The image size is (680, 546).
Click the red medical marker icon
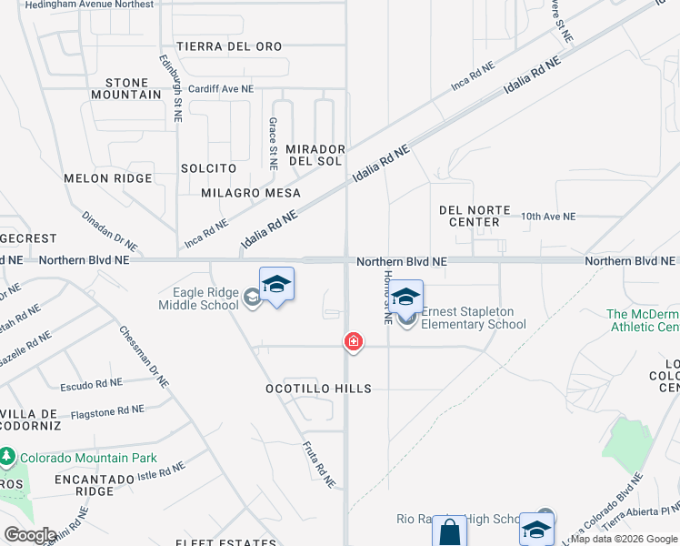coord(353,342)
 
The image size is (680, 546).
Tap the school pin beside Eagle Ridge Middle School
coord(276,285)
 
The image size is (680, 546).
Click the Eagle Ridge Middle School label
coord(205,298)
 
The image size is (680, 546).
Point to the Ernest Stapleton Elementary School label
coord(473,318)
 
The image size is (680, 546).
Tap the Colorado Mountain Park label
coord(88,458)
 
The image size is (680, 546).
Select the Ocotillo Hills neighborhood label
coord(318,389)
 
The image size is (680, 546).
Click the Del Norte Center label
coord(475,216)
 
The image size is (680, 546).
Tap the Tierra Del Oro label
coord(229,45)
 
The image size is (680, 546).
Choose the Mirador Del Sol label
coord(315,155)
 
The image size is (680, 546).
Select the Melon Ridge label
coord(107,178)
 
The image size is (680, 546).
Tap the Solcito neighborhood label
coord(208,168)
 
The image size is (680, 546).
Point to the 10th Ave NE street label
coord(548,217)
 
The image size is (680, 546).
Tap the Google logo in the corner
coord(30,534)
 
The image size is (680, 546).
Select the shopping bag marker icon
coord(448,531)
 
